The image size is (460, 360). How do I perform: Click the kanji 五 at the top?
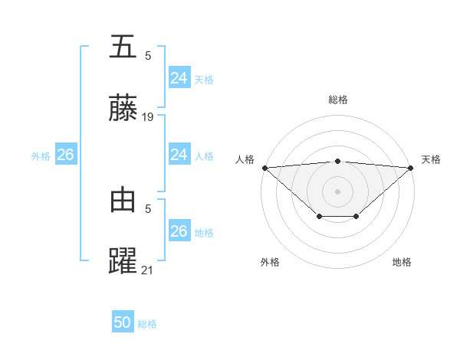(x=123, y=47)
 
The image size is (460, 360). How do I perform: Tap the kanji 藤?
(x=123, y=109)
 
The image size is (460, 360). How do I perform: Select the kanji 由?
(x=123, y=200)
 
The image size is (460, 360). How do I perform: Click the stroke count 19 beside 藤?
(x=149, y=117)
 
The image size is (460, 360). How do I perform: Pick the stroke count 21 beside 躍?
(x=149, y=270)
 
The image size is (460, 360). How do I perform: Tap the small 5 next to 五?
(x=148, y=55)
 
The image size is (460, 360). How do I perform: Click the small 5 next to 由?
(x=148, y=208)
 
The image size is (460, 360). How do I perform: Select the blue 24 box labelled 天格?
(x=179, y=78)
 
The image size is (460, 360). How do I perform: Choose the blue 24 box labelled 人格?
(x=179, y=155)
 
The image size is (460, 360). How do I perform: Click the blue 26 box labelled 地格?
(x=179, y=231)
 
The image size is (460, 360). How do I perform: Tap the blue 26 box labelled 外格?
(x=65, y=155)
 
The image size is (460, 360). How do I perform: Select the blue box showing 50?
(x=123, y=322)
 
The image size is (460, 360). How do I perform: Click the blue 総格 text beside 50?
(x=148, y=324)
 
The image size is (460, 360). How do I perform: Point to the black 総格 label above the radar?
(x=338, y=100)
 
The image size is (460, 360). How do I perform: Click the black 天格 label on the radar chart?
(x=432, y=159)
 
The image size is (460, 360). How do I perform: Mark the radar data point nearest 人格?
(x=264, y=167)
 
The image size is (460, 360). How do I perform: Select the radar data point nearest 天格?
(x=411, y=167)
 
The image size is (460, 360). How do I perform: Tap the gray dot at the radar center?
(x=338, y=191)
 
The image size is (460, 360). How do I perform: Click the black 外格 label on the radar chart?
(x=270, y=262)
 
